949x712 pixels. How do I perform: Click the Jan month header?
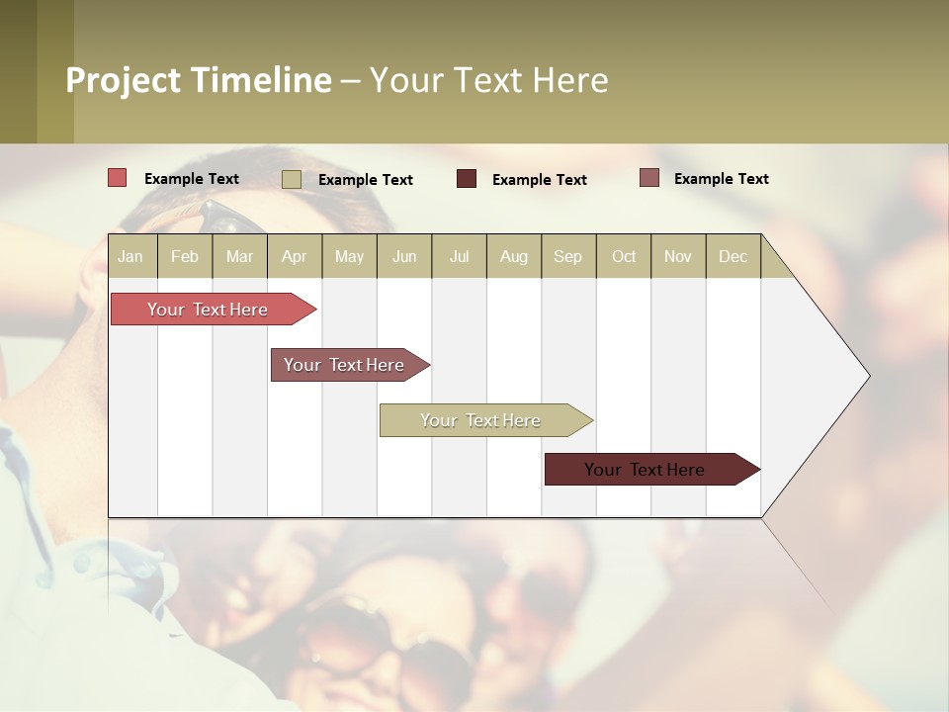point(131,256)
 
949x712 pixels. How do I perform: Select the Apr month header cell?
point(295,256)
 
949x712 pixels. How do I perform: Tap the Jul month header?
point(459,256)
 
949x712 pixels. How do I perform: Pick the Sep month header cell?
point(567,256)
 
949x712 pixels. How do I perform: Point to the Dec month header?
point(733,256)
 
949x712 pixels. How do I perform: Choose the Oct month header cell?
point(624,256)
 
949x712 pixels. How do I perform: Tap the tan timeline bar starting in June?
point(481,420)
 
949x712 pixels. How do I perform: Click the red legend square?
point(117,178)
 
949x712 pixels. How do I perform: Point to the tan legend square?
point(291,179)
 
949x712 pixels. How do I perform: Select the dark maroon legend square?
point(467,179)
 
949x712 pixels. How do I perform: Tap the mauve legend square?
point(648,178)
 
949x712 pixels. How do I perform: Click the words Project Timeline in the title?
point(198,80)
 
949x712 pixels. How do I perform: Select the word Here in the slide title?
point(569,80)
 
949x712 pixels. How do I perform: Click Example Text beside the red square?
point(192,179)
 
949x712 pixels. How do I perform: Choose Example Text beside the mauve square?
point(721,179)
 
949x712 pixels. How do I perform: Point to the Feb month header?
point(185,256)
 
